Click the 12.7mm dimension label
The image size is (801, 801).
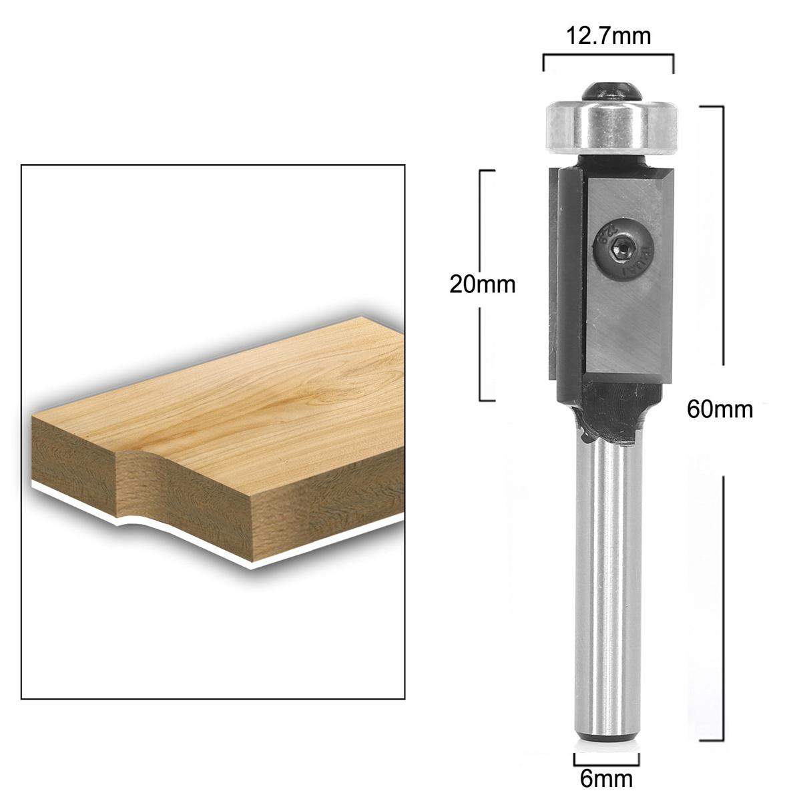tap(608, 35)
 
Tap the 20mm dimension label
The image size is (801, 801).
tap(483, 285)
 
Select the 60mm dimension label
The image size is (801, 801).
tap(720, 409)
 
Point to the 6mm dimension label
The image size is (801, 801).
tap(606, 778)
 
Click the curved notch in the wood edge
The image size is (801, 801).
tap(137, 461)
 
